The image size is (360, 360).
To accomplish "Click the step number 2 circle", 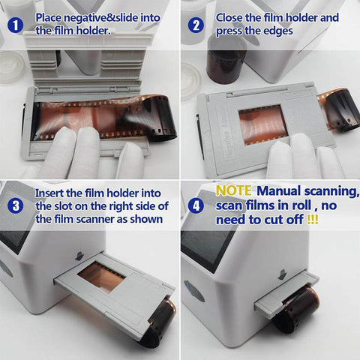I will [196, 24].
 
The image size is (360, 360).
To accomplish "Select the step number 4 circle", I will [196, 205].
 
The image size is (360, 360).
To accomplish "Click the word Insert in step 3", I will [50, 193].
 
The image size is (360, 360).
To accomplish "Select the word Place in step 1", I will [50, 16].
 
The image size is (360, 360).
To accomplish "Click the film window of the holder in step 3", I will [102, 275].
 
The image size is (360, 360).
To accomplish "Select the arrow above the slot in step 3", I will [79, 256].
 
